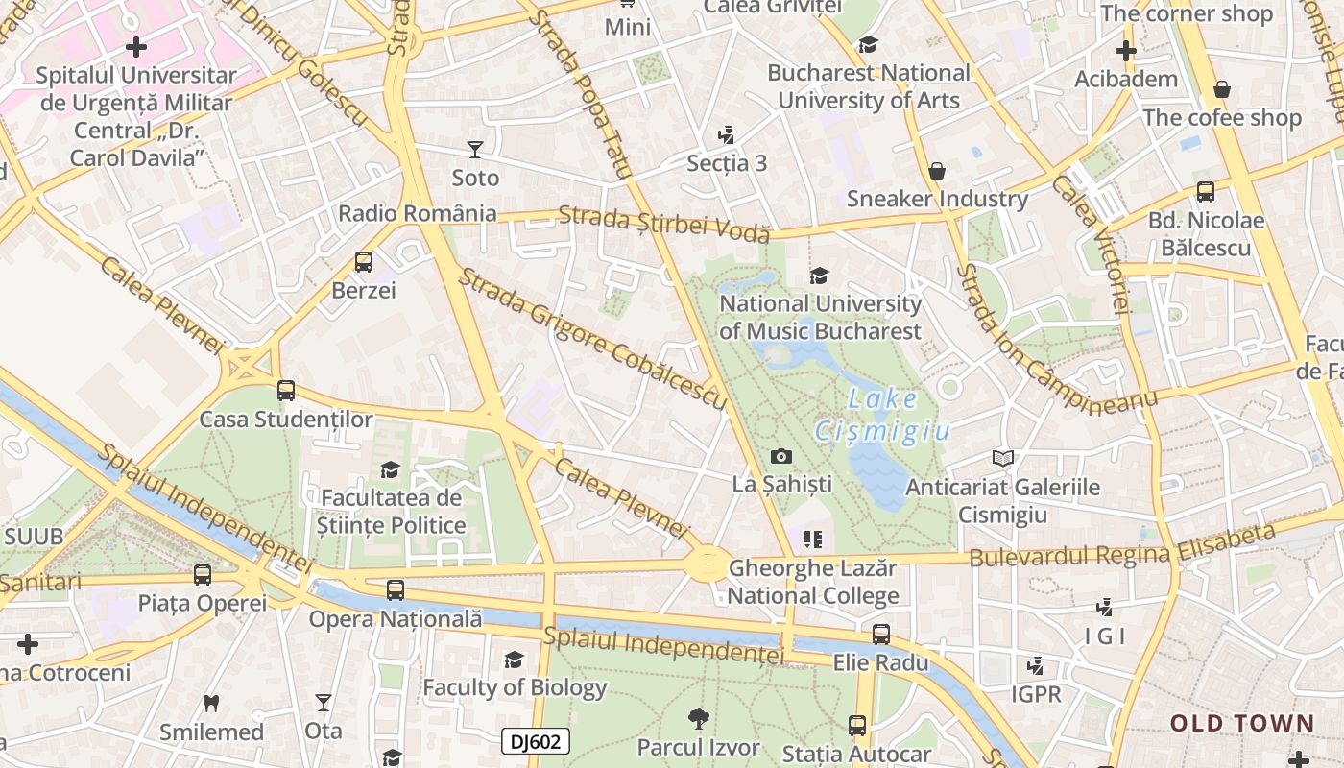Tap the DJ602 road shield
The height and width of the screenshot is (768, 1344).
[x=536, y=741]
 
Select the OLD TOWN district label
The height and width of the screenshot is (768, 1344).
[x=1242, y=723]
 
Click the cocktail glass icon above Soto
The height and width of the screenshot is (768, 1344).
[x=474, y=149]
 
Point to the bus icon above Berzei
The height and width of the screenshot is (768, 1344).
[x=364, y=261]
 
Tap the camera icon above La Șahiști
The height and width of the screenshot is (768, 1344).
[x=781, y=456]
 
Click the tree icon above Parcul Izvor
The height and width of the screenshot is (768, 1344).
[x=698, y=718]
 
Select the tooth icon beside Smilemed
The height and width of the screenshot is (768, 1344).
[x=211, y=703]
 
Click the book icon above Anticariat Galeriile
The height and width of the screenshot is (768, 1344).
[x=1002, y=459]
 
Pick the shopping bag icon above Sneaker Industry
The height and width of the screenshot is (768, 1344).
[x=937, y=171]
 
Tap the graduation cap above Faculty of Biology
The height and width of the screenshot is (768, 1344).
[x=515, y=660]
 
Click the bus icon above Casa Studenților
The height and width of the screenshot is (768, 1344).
[x=286, y=391]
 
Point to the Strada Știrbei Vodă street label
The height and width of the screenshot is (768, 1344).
[x=664, y=224]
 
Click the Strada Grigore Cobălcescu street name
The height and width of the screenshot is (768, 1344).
[x=591, y=339]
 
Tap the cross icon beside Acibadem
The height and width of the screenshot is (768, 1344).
[x=1126, y=51]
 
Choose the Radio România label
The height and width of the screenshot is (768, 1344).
[x=418, y=213]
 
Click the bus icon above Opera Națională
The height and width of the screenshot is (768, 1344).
[x=395, y=590]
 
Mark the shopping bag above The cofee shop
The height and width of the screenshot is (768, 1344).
[x=1222, y=89]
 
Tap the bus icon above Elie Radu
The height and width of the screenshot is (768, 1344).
[x=880, y=634]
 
